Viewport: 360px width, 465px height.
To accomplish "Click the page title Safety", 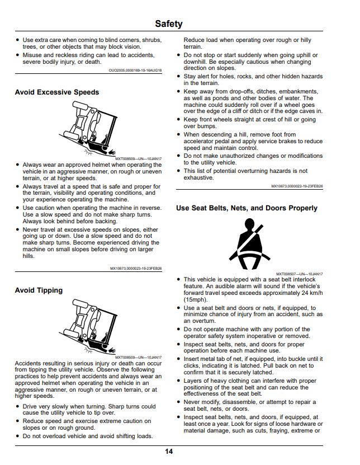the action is tap(169, 24).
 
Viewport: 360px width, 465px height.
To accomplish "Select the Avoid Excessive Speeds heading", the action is tap(57, 92).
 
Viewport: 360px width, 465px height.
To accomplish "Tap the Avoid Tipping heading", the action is tap(39, 290).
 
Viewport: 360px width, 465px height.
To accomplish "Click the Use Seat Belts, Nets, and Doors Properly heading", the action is tap(247, 208).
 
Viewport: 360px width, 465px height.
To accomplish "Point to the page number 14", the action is tap(169, 452).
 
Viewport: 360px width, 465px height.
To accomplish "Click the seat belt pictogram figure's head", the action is tap(249, 223).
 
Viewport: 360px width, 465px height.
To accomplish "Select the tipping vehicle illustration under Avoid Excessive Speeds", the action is tap(88, 128).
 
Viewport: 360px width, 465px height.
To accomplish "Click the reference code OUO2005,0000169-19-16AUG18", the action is tap(135, 71).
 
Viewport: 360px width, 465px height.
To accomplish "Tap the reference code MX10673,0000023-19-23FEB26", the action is tap(136, 269).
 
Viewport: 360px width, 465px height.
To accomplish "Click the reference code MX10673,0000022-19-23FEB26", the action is tap(297, 186).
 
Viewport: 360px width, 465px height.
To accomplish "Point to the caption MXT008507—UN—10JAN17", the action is tap(300, 274).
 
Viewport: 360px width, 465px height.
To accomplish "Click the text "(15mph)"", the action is tap(196, 299).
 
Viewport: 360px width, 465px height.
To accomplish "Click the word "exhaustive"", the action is tap(198, 177).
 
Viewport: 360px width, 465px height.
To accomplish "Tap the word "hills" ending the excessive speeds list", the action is tap(28, 256).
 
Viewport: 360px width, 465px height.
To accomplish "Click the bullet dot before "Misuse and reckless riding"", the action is tap(18, 55).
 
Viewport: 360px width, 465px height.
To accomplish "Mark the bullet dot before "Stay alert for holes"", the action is tap(178, 77).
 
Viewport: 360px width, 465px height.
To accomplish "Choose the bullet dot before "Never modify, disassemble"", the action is tap(178, 402).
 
